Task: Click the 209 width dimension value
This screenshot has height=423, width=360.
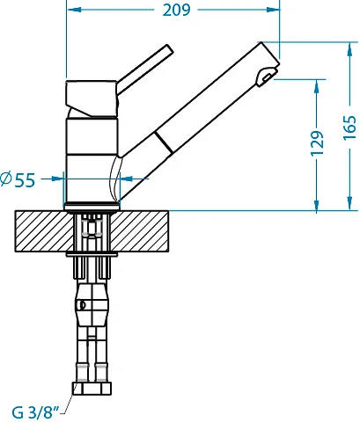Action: pos(176,10)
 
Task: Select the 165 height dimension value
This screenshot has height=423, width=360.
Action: pos(349,128)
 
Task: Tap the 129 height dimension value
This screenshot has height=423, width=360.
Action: pos(317,143)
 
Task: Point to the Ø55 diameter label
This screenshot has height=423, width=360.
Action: pos(18,179)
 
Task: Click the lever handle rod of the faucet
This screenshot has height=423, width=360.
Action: pos(143,69)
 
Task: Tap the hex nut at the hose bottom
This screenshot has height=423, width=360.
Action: pos(92,389)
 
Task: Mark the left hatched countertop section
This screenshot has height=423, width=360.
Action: pos(44,231)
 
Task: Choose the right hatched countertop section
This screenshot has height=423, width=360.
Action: pos(139,231)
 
